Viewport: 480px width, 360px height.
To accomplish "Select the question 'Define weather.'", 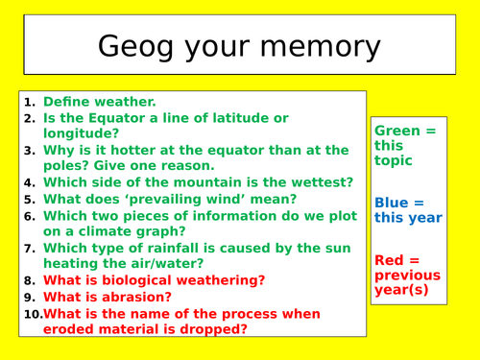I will [99, 101].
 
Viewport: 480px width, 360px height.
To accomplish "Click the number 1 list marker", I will [29, 101].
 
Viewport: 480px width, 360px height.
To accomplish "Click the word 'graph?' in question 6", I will [169, 231].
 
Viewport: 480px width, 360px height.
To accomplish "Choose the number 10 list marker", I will [32, 313].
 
